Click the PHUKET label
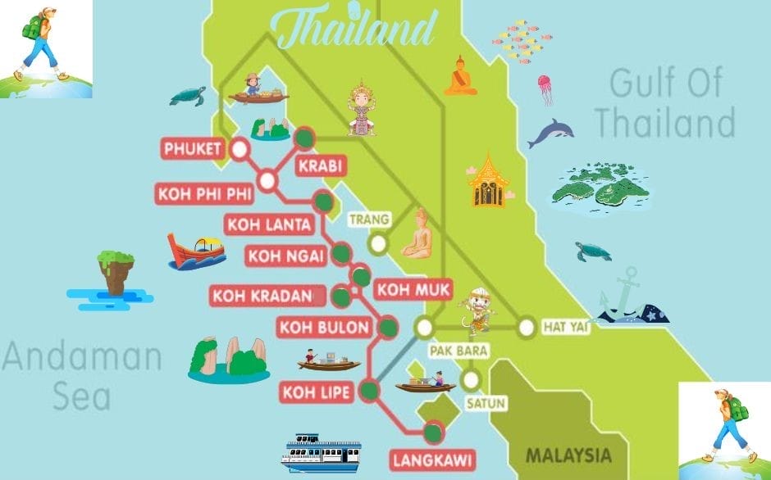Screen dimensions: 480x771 pyautogui.click(x=193, y=149)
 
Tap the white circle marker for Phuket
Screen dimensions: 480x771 pyautogui.click(x=240, y=149)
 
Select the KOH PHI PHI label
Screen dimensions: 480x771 pyautogui.click(x=203, y=195)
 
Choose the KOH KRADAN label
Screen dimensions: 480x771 pyautogui.click(x=262, y=295)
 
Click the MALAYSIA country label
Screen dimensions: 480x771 pyautogui.click(x=568, y=455)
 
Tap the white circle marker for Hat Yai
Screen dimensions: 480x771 pyautogui.click(x=526, y=328)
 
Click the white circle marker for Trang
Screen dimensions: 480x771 pyautogui.click(x=377, y=242)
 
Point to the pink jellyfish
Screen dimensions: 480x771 pyautogui.click(x=545, y=88)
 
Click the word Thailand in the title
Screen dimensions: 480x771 pyautogui.click(x=356, y=29)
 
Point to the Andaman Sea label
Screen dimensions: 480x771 pyautogui.click(x=82, y=376)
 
